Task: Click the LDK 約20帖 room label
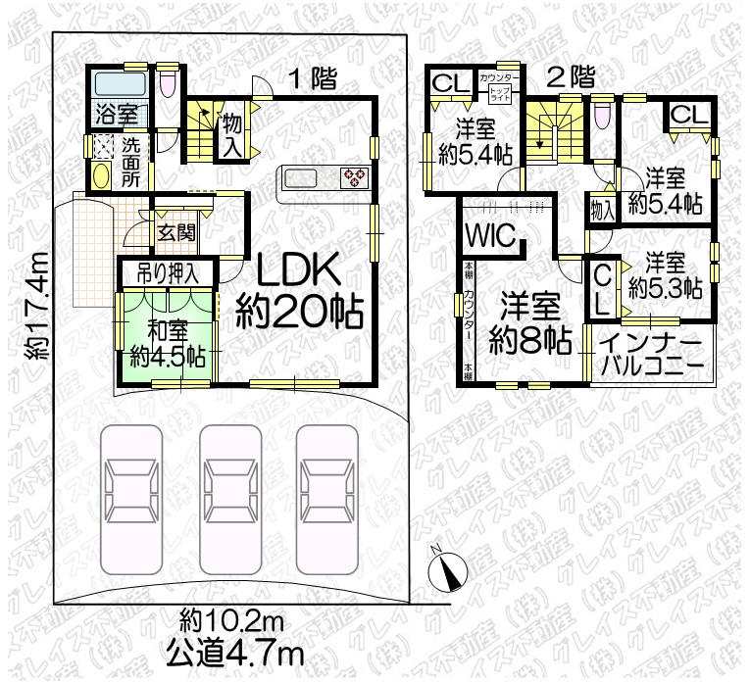pos(300,293)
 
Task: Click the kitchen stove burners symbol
pos(353,177)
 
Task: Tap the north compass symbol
pos(444,567)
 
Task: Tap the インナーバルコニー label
pos(649,355)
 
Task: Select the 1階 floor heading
pos(307,79)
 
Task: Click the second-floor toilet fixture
pos(602,114)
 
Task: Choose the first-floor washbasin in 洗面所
pos(102,176)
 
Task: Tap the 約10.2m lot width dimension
pos(231,620)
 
